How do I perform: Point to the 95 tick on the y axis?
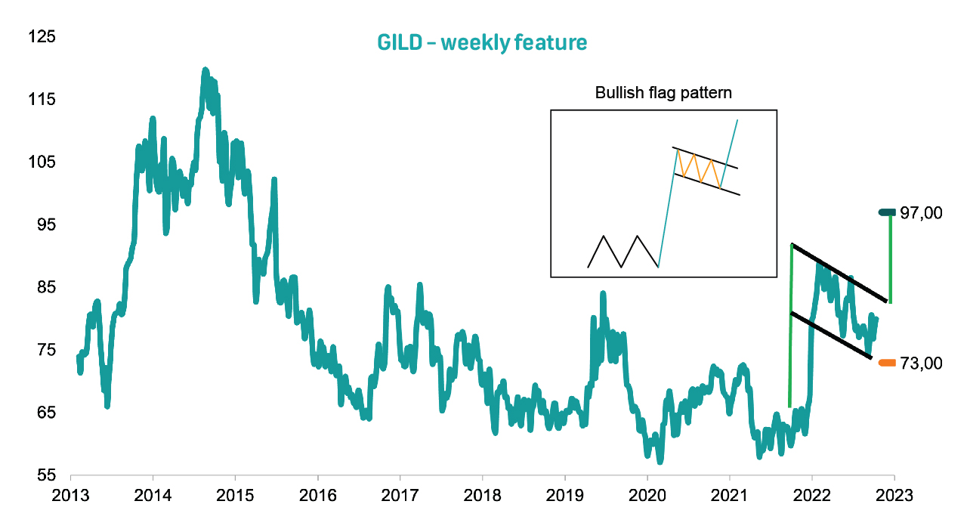click(x=42, y=225)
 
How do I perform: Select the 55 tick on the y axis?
click(x=42, y=475)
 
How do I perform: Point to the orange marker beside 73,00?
click(x=888, y=363)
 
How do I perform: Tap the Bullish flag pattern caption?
click(x=664, y=94)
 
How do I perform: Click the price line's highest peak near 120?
click(x=205, y=70)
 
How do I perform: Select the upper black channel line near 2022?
click(x=839, y=271)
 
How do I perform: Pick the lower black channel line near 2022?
click(x=831, y=335)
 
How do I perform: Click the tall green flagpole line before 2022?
click(x=790, y=325)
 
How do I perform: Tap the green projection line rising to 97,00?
click(x=891, y=257)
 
